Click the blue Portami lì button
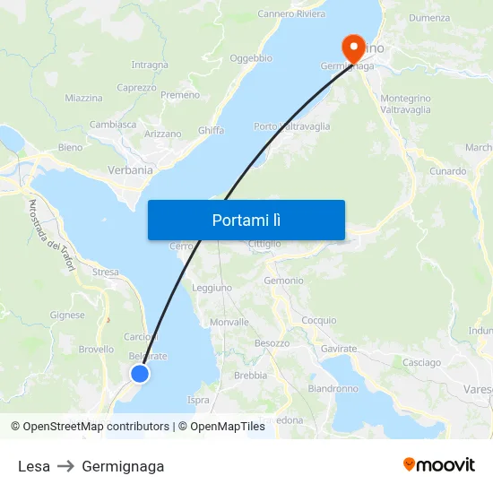point(246,220)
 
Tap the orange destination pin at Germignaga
point(352,45)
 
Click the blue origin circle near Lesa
point(140,374)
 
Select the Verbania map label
point(129,169)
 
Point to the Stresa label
point(105,272)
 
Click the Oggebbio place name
point(251,58)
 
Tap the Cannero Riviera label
point(291,14)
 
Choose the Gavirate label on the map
point(339,348)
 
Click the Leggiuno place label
point(212,288)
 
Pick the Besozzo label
point(272,343)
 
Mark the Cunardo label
point(448,171)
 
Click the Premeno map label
point(180,95)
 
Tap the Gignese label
point(68,316)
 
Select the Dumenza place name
point(429,18)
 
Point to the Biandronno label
point(333,389)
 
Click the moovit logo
point(439,465)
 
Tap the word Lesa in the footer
point(34,466)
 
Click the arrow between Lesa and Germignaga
point(66,466)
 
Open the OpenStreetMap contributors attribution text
point(96,427)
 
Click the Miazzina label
point(83,98)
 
